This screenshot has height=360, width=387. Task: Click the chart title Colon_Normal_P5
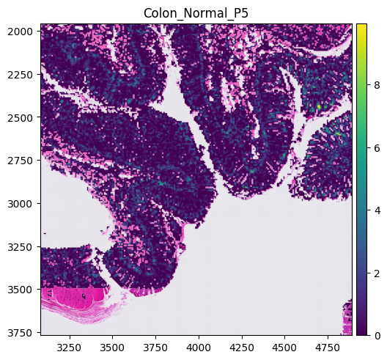click(196, 13)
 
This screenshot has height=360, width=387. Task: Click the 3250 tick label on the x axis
click(70, 348)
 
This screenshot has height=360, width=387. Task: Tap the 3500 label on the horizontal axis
click(113, 348)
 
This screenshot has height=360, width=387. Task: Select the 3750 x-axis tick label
click(155, 348)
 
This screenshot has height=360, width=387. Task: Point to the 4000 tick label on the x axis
click(199, 348)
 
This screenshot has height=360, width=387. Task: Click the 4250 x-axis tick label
click(242, 348)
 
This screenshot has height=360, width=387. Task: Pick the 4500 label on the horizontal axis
click(284, 348)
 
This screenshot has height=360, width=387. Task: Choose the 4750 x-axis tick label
click(328, 348)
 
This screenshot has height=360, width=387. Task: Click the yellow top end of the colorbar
click(361, 25)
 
